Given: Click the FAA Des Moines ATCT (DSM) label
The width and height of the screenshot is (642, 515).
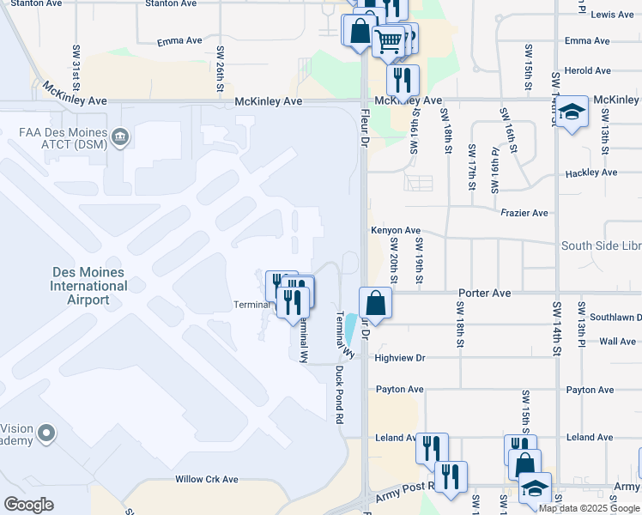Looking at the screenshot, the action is pos(64,140).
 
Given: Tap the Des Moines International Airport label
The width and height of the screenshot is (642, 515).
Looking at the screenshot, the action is pos(89,286).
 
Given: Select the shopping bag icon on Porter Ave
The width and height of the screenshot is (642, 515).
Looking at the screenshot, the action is pos(375,303).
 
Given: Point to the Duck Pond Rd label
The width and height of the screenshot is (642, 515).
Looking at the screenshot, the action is pos(339,393).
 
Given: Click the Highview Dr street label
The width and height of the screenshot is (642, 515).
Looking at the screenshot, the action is pos(399,358).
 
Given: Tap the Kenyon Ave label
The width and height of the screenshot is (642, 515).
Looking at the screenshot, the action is pos(396,230).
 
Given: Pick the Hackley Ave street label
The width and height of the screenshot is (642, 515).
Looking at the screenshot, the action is pos(591,173).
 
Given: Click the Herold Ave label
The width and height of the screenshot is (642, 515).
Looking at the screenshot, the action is pos(588,70).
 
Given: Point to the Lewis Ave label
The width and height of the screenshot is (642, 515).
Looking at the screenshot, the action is pos(613,15).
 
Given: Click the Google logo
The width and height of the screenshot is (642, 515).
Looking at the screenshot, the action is pos(28,505).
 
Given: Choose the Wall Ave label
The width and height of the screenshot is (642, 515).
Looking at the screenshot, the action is pos(617,342).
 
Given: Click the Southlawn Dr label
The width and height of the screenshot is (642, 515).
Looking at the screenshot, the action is pos(621,318).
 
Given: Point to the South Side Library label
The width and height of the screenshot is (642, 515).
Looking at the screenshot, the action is pos(601,246).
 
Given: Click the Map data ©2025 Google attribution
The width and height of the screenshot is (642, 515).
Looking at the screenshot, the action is pos(589,508).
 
